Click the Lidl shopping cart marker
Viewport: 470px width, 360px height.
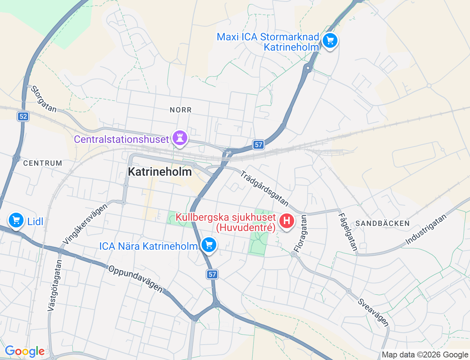click(x=16, y=220)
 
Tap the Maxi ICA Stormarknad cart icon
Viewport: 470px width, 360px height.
click(x=330, y=40)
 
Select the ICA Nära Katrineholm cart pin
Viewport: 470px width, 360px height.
click(x=209, y=245)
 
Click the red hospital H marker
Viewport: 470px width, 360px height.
click(x=287, y=221)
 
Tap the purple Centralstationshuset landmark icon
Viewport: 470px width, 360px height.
click(x=180, y=138)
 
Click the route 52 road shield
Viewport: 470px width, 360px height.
click(x=23, y=116)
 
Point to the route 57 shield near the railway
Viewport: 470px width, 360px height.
click(x=258, y=145)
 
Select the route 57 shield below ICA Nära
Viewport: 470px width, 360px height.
click(x=212, y=274)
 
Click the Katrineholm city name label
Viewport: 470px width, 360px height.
click(x=160, y=172)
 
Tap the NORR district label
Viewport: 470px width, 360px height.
click(x=181, y=110)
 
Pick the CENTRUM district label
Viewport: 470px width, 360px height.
click(x=43, y=163)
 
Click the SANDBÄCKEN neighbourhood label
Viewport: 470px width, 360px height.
click(x=382, y=223)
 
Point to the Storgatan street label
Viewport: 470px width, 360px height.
click(x=44, y=99)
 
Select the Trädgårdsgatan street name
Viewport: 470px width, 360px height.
click(x=264, y=188)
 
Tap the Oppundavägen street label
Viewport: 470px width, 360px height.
click(x=135, y=279)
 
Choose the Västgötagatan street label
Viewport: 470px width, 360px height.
click(x=55, y=286)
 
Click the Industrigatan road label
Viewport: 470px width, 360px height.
click(x=426, y=230)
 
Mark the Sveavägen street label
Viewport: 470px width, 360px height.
click(x=373, y=312)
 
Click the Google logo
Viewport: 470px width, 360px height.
click(x=25, y=352)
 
